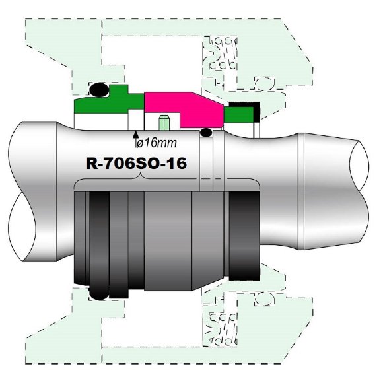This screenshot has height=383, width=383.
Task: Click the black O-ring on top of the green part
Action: (x=99, y=88)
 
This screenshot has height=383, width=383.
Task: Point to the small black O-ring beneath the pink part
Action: (x=207, y=133)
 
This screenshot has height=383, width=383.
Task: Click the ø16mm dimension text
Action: (x=156, y=142)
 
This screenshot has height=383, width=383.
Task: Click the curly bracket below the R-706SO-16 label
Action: (x=165, y=182)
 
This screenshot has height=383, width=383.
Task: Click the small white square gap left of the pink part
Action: (x=137, y=120)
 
